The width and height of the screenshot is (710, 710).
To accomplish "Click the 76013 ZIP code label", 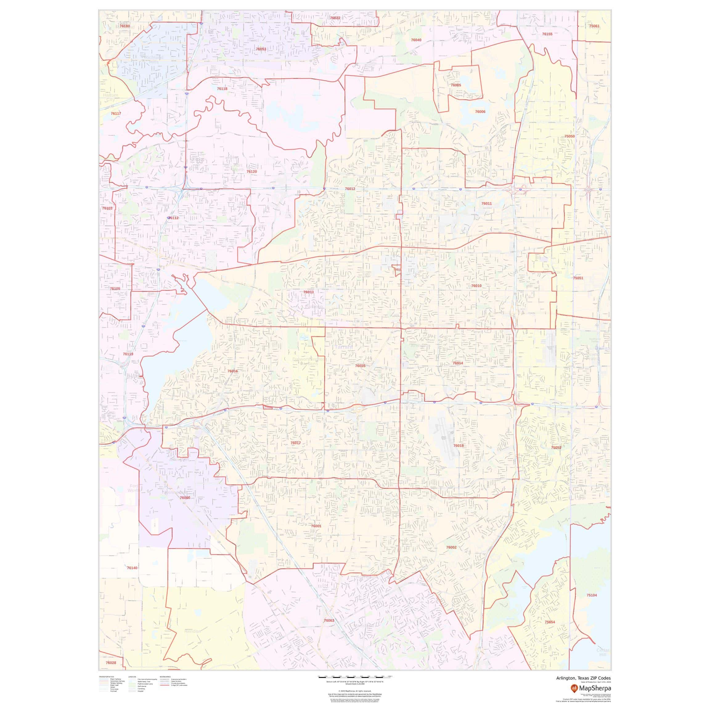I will coord(308,292).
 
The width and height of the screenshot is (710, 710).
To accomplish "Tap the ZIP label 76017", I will coord(296,443).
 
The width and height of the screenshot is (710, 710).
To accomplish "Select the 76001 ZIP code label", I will coord(316,526).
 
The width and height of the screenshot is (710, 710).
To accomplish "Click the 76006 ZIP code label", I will coord(480,112).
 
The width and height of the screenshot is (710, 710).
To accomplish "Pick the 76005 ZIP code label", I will coord(456,85).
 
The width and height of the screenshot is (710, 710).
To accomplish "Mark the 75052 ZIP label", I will coord(556,448).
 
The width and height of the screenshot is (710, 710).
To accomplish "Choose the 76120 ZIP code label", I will coord(252,172).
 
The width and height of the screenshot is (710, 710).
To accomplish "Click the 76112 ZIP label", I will coord(173,218).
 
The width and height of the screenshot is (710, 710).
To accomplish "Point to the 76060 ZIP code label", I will coord(185,498).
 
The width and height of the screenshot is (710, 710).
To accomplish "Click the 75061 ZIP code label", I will coord(594,26).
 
